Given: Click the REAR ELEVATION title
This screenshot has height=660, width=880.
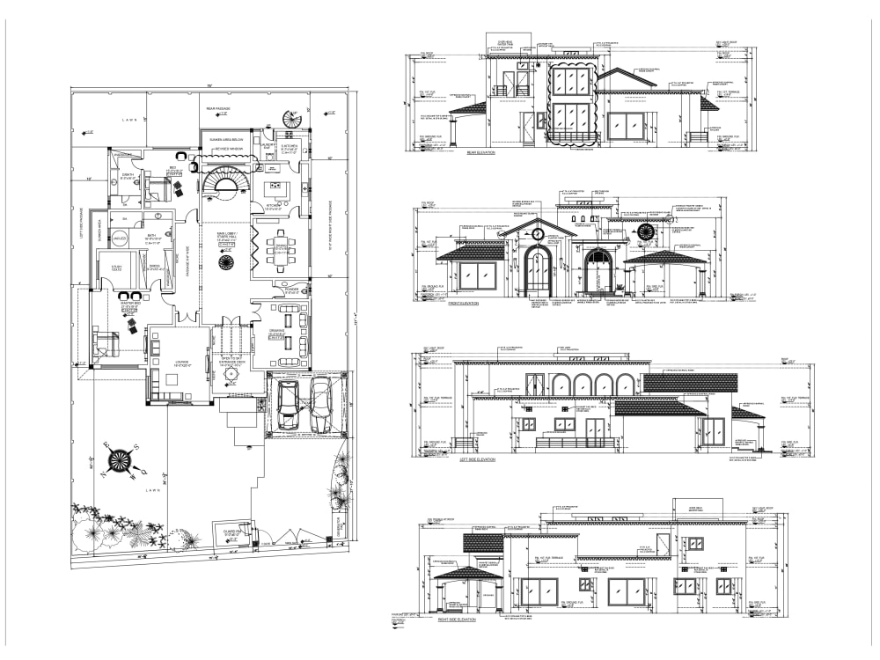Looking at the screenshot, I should pos(480,153).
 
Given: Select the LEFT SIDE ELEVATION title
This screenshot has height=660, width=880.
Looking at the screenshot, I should pos(478,459).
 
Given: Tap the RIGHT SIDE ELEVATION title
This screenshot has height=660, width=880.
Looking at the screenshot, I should pos(457,620).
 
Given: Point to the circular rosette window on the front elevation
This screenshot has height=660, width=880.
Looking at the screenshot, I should pos(647,233).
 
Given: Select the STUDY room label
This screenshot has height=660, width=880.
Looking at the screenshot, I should pos(114,267).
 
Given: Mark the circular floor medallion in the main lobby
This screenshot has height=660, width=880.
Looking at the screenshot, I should pos(225,264).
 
